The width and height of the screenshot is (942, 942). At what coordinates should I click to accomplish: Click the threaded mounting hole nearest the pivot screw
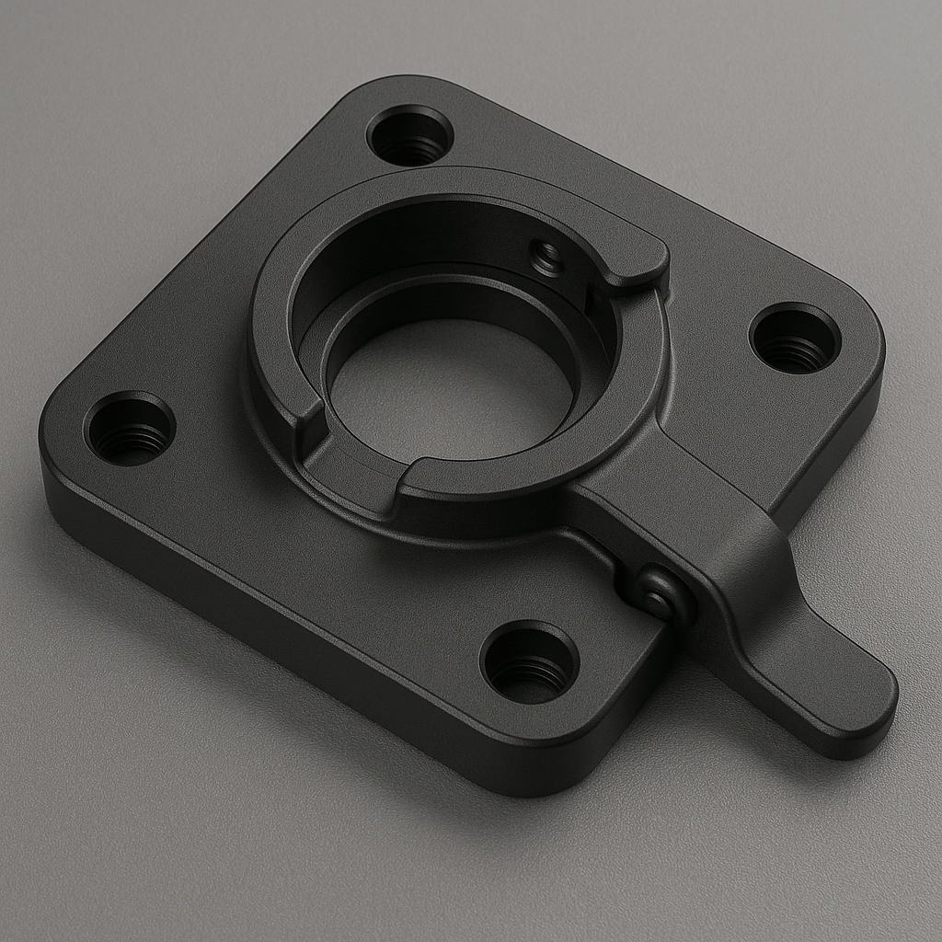[x=529, y=661]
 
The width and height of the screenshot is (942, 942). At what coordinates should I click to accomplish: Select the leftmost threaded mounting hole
[x=130, y=429]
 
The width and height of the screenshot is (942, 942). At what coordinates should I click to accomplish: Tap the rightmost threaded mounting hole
[x=795, y=338]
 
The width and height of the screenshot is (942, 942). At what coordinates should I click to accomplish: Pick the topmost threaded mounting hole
[x=409, y=135]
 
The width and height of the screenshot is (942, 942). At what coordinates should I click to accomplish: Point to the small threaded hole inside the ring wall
[x=546, y=258]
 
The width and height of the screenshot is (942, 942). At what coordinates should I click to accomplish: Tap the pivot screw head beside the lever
[x=660, y=593]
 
